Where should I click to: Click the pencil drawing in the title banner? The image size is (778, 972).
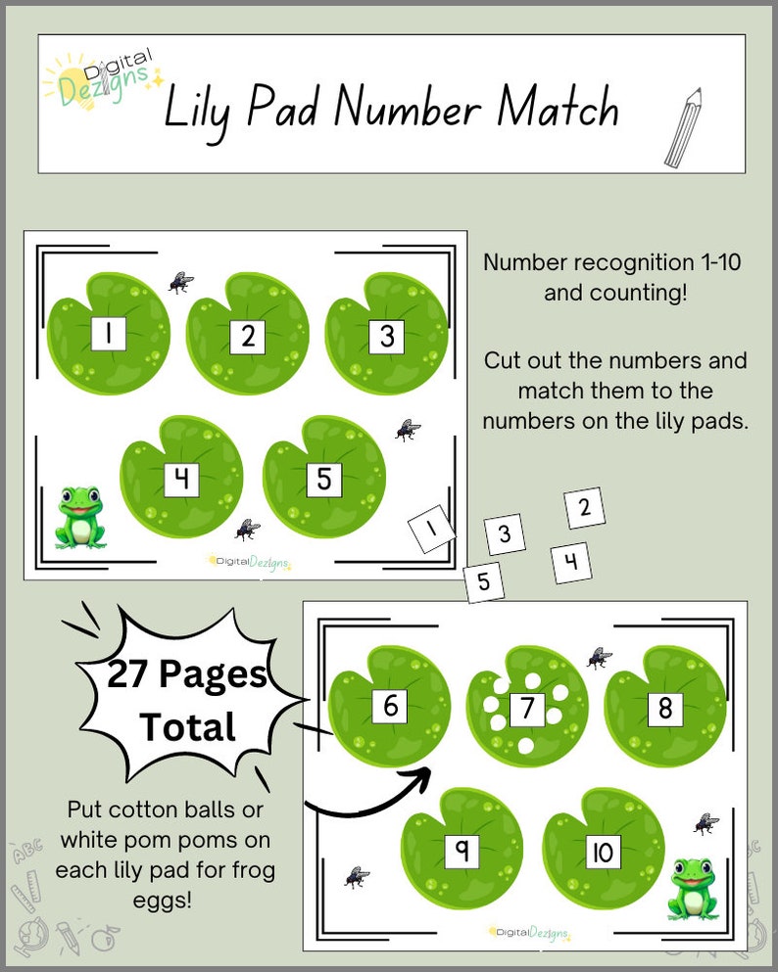[x=683, y=127]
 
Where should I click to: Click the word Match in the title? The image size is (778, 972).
[x=558, y=107]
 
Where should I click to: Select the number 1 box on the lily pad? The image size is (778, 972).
[x=109, y=334]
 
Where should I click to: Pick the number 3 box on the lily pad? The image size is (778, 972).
[x=386, y=338]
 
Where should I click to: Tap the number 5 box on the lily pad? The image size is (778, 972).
[x=324, y=480]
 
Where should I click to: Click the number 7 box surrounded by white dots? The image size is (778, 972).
[x=527, y=709]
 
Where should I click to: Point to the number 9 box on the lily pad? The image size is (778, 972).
[x=462, y=852]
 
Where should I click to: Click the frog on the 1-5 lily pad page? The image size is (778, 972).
[x=80, y=518]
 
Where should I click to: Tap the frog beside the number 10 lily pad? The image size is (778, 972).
[x=693, y=890]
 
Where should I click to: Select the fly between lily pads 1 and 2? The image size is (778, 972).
[x=180, y=283]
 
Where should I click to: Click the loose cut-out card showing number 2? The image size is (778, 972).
[x=584, y=508]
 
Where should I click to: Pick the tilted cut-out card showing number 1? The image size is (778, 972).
[x=432, y=529]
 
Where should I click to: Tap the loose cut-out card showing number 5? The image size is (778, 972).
[x=484, y=582]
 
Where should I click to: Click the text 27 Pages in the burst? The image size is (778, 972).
[x=187, y=673]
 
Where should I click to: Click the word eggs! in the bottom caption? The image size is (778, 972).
[x=163, y=901]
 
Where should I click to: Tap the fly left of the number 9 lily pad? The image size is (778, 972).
[x=357, y=877]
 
